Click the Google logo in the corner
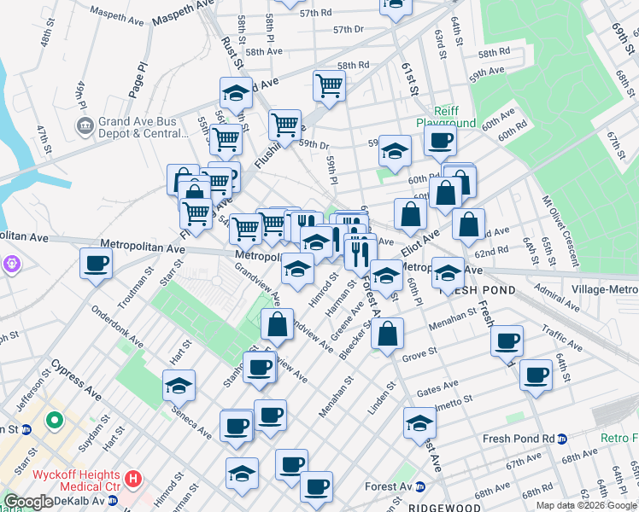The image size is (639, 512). click(x=28, y=502)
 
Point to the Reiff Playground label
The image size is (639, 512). click(x=445, y=117)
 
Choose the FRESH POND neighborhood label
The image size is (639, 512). click(x=477, y=290)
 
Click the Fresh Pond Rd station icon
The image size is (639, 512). click(x=562, y=439)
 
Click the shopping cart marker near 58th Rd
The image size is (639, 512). click(x=329, y=84)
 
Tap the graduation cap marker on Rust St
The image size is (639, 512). click(x=236, y=91)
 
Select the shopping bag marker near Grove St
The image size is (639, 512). click(x=388, y=334)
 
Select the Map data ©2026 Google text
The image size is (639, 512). click(x=585, y=505)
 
